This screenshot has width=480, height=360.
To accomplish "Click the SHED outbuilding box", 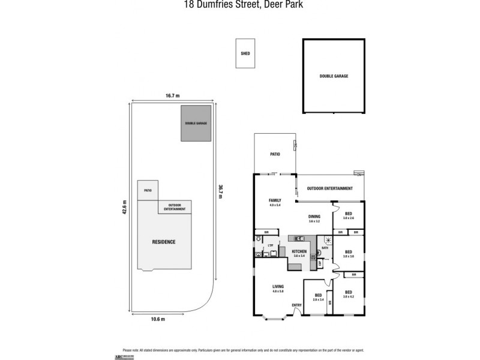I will point(245,53).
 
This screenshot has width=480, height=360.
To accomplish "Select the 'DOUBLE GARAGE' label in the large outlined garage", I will point(334,76).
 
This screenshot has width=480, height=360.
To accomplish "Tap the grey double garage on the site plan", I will point(196,123).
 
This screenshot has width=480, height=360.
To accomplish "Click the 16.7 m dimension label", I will point(173,95).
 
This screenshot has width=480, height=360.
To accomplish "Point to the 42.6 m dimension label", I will point(124,211).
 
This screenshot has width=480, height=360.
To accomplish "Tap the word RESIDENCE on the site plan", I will point(163,242).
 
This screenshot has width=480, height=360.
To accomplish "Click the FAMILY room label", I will point(275,201).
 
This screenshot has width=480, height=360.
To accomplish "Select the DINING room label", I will point(314,217).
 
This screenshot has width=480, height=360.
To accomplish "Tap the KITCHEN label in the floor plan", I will point(299,251).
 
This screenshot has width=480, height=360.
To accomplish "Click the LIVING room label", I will point(277,287).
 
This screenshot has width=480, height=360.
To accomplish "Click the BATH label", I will point(325,247).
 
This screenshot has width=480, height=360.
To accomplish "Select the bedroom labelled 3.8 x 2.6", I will point(348,215).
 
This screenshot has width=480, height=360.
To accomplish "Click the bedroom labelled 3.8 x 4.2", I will point(349,293).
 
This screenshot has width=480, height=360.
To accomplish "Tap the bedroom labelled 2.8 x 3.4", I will point(318,297).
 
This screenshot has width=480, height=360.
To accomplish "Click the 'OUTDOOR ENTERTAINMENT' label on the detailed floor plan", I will point(329,188).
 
